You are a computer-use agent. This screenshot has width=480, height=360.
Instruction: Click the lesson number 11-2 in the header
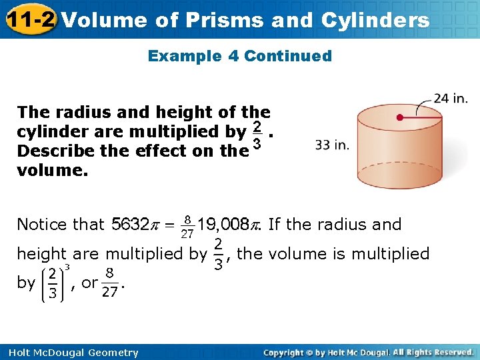pyautogui.click(x=29, y=19)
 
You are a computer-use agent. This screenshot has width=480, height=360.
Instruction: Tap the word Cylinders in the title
pyautogui.click(x=376, y=20)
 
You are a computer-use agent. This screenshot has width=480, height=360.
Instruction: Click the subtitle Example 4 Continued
pyautogui.click(x=240, y=56)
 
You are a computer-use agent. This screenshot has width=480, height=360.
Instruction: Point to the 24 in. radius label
pyautogui.click(x=451, y=99)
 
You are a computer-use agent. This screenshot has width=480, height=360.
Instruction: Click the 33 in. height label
pyautogui.click(x=332, y=145)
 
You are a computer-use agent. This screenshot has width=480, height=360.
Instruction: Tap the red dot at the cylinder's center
pyautogui.click(x=400, y=117)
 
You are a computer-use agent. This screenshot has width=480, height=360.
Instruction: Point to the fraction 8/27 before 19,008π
pyautogui.click(x=187, y=225)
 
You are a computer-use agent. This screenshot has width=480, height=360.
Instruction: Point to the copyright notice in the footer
pyautogui.click(x=369, y=353)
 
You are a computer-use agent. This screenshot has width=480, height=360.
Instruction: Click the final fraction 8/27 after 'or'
pyautogui.click(x=111, y=283)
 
